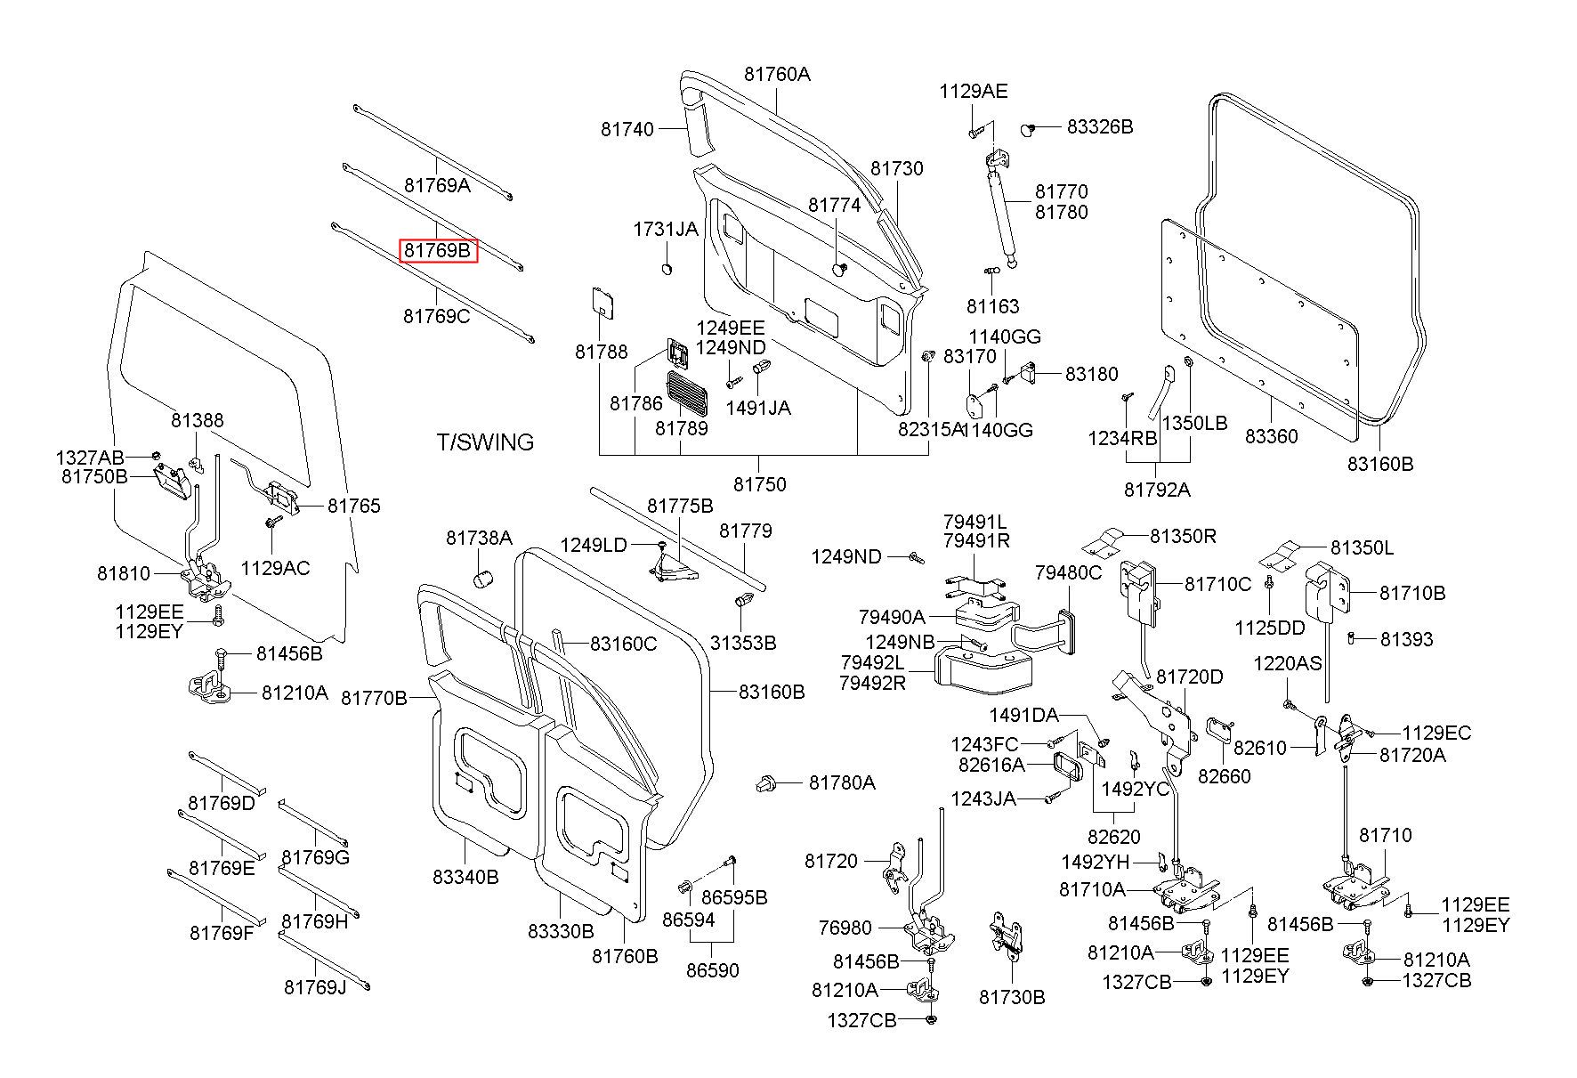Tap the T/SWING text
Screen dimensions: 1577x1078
pos(485,442)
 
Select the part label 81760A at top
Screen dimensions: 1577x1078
pos(777,74)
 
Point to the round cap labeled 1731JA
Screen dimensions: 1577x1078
pos(668,268)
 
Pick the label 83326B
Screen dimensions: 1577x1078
pos(1100,126)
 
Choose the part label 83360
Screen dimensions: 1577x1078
pos(1271,436)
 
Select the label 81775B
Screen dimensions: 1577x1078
pos(680,506)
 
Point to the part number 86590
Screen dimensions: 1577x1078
pos(712,969)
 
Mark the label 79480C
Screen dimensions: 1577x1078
pos(1068,572)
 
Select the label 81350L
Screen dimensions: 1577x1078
pos(1362,547)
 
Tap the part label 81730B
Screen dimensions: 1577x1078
pos(1012,997)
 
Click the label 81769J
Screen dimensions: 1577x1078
pos(315,986)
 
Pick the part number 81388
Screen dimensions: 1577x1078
pos(198,419)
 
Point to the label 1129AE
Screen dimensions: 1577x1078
pos(974,91)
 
